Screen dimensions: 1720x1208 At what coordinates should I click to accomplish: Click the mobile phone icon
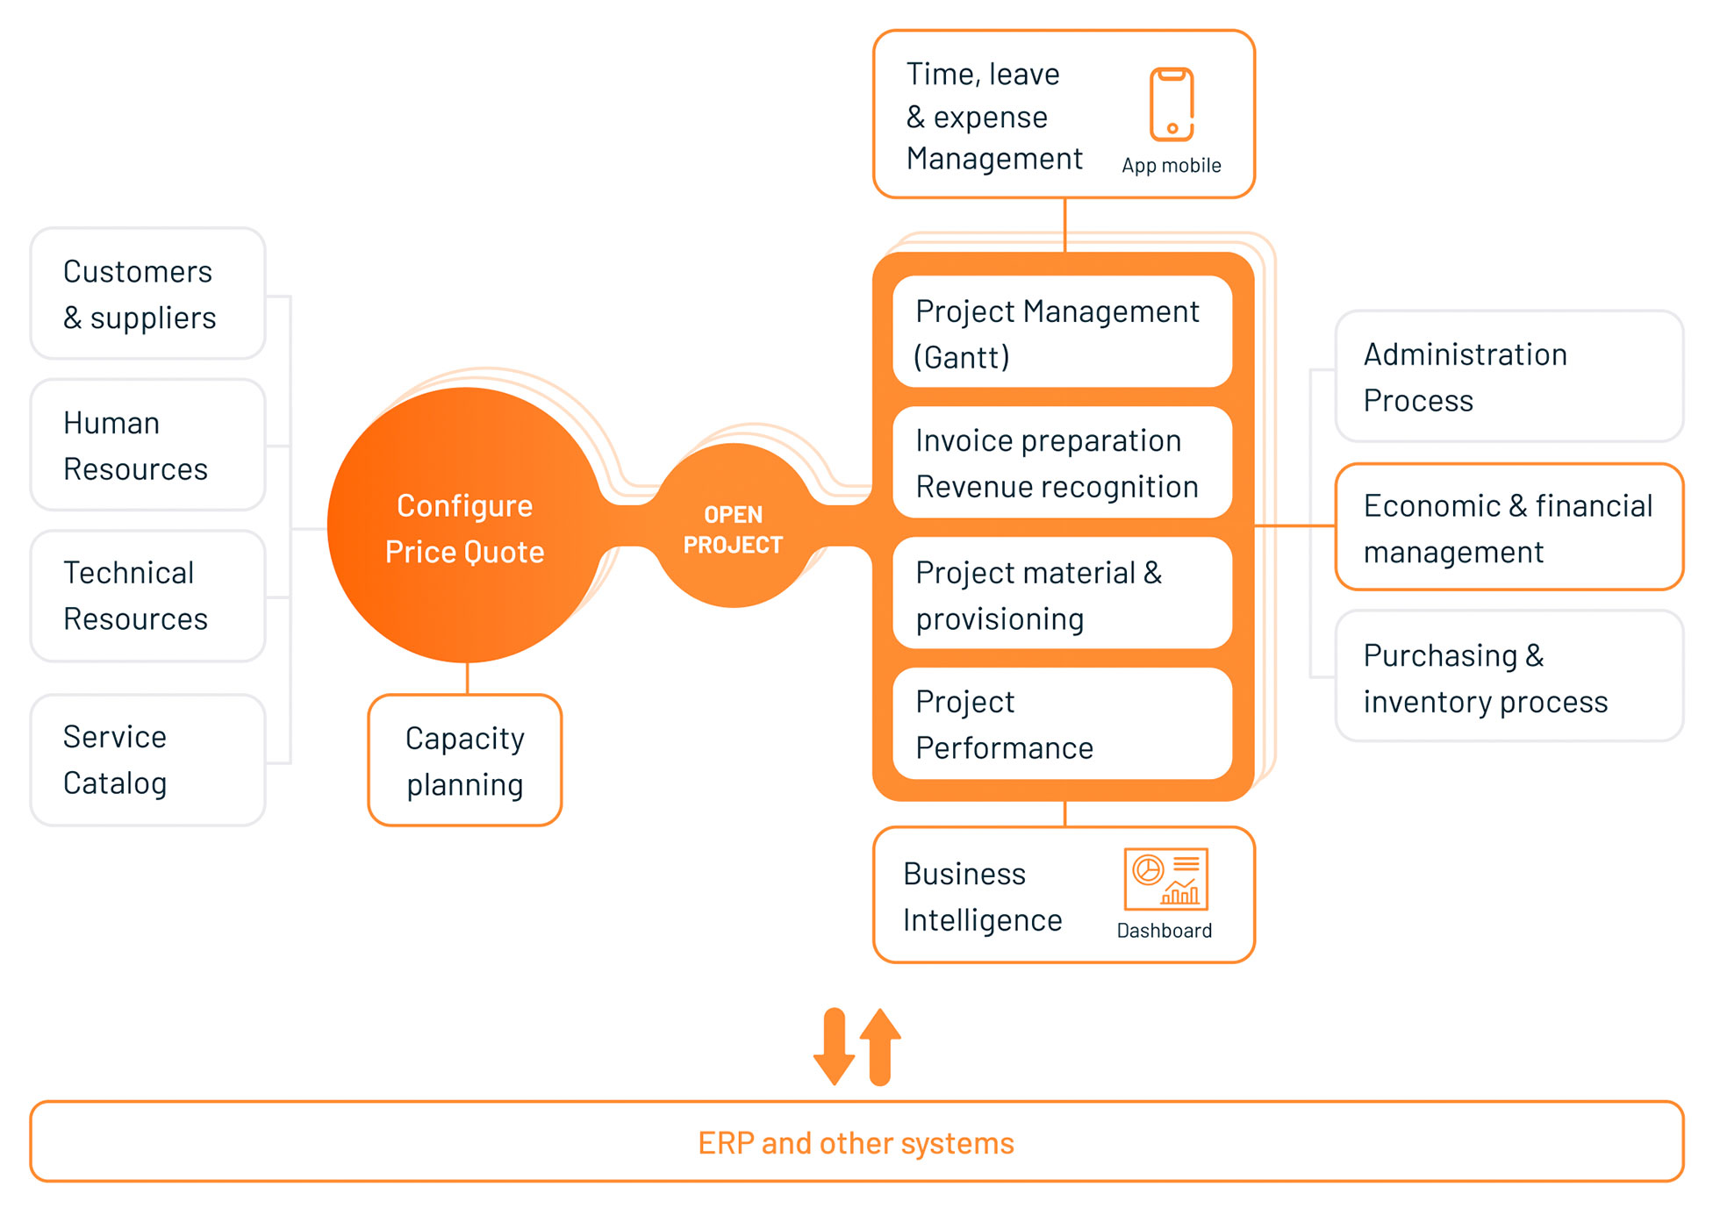click(x=1172, y=104)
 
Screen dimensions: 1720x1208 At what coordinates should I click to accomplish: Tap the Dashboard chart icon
click(x=1166, y=879)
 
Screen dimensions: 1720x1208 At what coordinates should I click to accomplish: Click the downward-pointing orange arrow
click(x=834, y=1047)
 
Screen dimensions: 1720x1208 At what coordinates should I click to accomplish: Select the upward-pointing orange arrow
click(x=880, y=1047)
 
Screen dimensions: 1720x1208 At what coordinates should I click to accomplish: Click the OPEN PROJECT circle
click(x=734, y=525)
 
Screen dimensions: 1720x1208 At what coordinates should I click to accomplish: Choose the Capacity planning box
click(x=465, y=761)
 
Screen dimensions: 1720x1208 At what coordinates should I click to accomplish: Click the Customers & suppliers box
click(x=148, y=294)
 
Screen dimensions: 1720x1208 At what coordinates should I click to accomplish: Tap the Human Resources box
click(x=148, y=445)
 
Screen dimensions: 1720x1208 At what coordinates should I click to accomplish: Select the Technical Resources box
click(x=148, y=596)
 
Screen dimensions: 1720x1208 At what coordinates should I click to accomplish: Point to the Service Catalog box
click(x=148, y=760)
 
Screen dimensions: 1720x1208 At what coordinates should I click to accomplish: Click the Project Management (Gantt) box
click(x=1063, y=332)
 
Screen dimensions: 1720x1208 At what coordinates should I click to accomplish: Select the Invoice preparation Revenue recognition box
click(x=1063, y=462)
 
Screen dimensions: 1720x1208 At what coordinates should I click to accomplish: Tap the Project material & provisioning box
click(x=1063, y=593)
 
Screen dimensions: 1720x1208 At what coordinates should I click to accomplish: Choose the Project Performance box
click(x=1063, y=724)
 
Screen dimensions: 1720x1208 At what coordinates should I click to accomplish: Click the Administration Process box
click(x=1509, y=376)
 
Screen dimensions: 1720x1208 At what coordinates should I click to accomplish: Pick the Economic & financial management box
click(x=1509, y=527)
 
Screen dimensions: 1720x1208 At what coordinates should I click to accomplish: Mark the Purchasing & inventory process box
click(x=1509, y=676)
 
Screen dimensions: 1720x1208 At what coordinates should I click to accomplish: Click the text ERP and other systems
click(x=856, y=1143)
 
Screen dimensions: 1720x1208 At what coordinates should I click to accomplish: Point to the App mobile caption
click(x=1172, y=166)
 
